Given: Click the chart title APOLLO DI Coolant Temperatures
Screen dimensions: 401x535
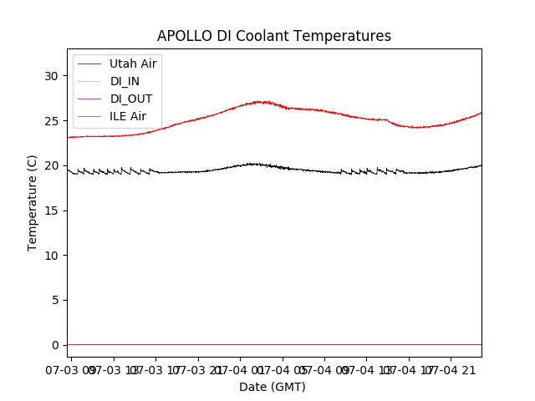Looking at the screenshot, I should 274,36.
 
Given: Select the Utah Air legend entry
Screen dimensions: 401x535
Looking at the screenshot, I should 133,63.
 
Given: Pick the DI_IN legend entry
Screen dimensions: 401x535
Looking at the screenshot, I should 125,81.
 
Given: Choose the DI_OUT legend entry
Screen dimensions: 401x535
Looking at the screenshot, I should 130,99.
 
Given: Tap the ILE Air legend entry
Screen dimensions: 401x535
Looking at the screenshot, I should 128,116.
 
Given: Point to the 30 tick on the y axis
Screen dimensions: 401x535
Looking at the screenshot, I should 51,76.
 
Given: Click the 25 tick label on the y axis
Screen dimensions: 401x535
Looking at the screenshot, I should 51,120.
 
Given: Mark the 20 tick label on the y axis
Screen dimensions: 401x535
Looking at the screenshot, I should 51,165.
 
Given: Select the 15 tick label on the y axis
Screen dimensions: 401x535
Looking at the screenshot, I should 51,211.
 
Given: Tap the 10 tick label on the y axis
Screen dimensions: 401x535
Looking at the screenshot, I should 51,255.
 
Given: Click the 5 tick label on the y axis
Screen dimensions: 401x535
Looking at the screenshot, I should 54,300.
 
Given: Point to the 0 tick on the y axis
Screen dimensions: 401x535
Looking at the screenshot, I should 54,345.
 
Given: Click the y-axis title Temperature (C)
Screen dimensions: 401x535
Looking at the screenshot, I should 33,203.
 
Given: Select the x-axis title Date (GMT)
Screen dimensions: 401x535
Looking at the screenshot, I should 273,387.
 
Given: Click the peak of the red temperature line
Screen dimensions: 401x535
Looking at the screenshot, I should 263,102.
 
